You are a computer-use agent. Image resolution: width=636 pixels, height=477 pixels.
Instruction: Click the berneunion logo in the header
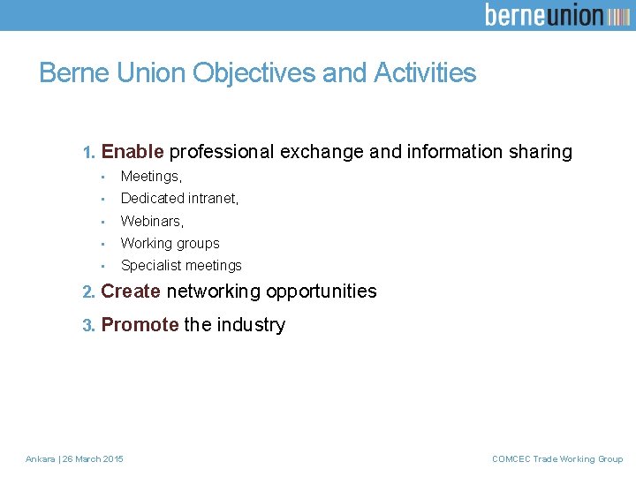tap(556, 15)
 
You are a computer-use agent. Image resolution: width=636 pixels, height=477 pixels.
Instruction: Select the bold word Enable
tap(132, 152)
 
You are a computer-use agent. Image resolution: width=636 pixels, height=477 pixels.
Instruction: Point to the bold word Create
tap(131, 291)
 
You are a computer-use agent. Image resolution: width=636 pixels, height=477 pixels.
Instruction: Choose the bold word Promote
tap(140, 325)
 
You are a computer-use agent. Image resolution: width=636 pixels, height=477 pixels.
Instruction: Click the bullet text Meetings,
tap(151, 177)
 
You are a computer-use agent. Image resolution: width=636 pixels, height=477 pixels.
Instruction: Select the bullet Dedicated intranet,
tap(179, 199)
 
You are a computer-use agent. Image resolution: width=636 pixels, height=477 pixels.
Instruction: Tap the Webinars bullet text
tap(152, 221)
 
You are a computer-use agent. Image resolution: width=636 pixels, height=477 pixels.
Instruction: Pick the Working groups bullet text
tap(170, 243)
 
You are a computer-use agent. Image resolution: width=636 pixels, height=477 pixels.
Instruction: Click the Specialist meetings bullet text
tap(181, 265)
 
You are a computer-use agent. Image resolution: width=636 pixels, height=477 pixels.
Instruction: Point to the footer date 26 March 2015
tap(93, 458)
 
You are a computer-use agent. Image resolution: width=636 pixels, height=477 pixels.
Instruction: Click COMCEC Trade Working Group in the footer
tap(556, 458)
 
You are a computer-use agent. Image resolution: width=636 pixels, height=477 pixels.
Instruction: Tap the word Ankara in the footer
tap(40, 458)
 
